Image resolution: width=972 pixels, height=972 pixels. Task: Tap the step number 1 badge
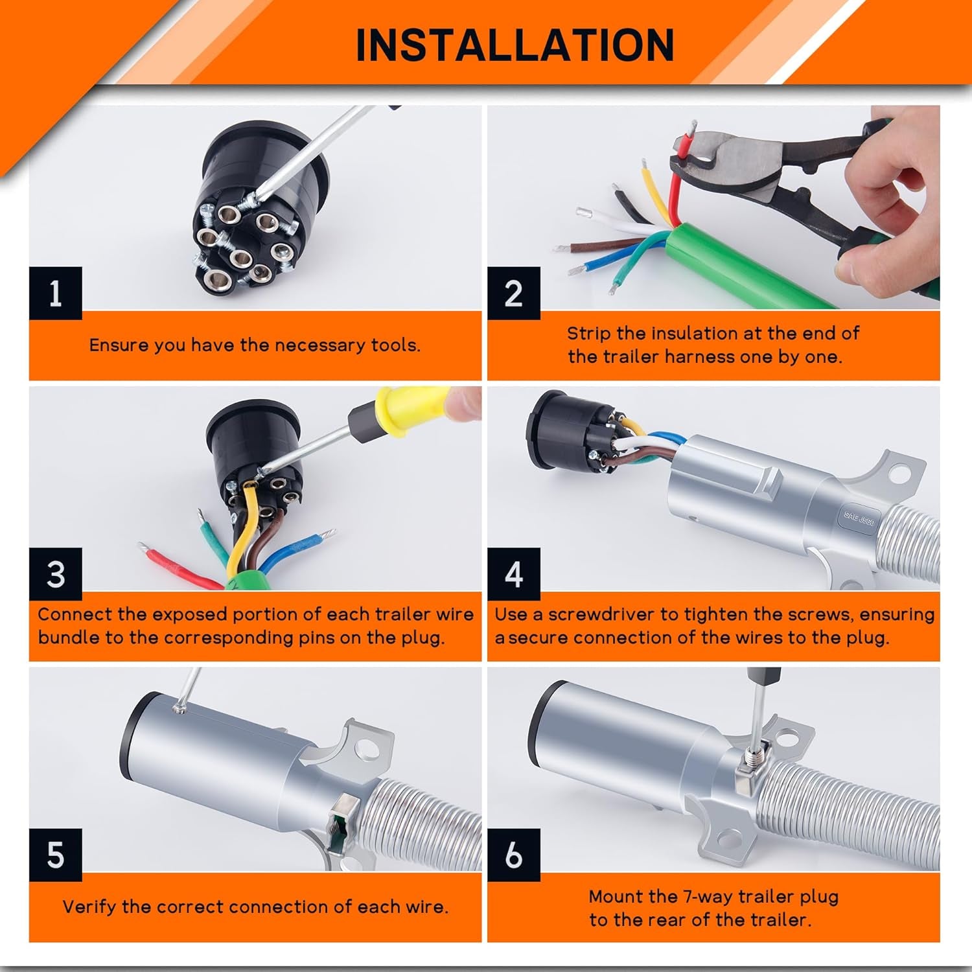click(x=56, y=293)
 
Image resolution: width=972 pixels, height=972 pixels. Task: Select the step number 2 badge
click(x=513, y=293)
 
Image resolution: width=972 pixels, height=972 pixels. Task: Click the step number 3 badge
click(x=56, y=574)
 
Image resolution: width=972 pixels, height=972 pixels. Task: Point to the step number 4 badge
click(x=513, y=574)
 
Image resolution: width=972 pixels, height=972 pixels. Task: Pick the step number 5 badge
click(x=56, y=855)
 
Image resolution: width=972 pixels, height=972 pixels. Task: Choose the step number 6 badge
click(x=513, y=855)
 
